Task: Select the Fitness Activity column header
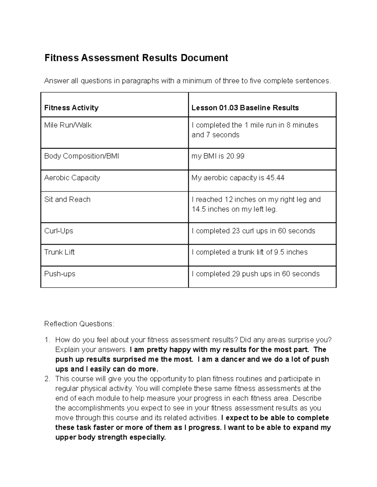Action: click(71, 108)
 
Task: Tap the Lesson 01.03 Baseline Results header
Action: click(245, 108)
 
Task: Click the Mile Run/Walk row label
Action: click(68, 125)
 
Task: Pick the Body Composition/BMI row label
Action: click(82, 156)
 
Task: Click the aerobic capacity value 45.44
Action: click(275, 178)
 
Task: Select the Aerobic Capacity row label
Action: click(72, 178)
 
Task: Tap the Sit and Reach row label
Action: click(67, 199)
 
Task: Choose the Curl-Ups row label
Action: click(59, 231)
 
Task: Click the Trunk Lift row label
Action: click(59, 252)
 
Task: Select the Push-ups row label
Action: click(60, 274)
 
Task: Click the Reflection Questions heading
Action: click(79, 324)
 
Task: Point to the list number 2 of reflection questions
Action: click(47, 379)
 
